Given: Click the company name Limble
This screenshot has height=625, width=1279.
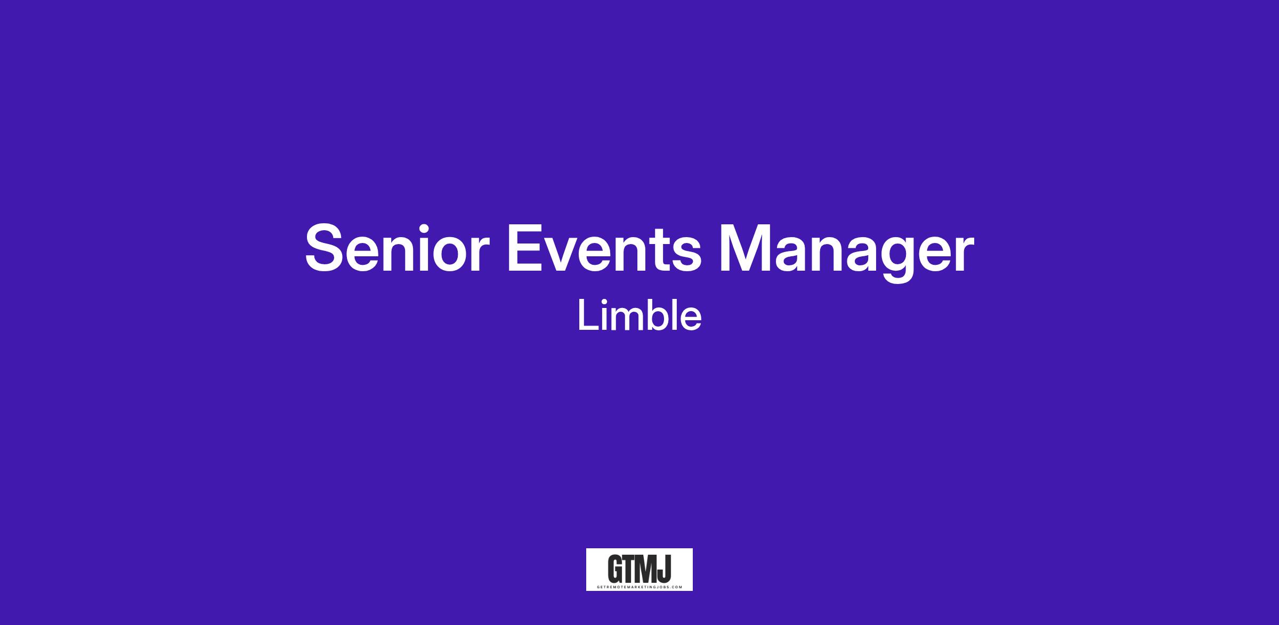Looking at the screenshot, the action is [639, 316].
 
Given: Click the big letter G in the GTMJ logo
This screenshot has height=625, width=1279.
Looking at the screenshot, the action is [617, 570].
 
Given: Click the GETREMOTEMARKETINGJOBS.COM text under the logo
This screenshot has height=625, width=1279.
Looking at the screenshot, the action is [639, 587].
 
